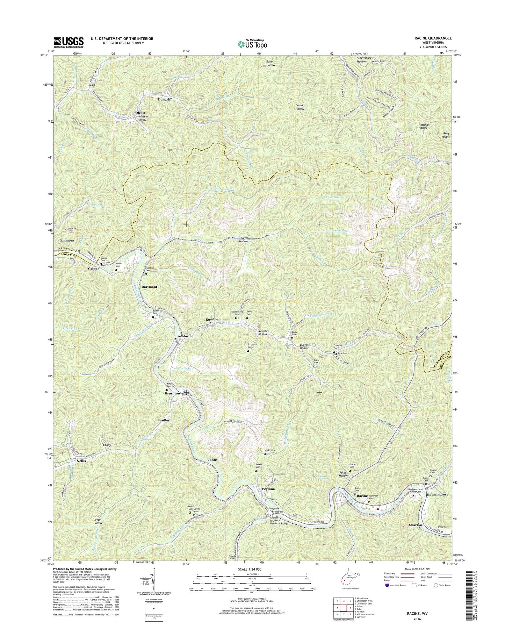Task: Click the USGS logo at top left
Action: click(68, 42)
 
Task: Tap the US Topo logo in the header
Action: click(252, 44)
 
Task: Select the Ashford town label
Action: click(184, 336)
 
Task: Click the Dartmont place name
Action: click(149, 287)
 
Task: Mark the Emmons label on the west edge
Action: click(67, 241)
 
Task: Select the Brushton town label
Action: click(172, 393)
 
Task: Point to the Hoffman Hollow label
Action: click(423, 126)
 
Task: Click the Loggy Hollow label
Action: click(98, 521)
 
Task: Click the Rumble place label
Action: click(211, 319)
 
